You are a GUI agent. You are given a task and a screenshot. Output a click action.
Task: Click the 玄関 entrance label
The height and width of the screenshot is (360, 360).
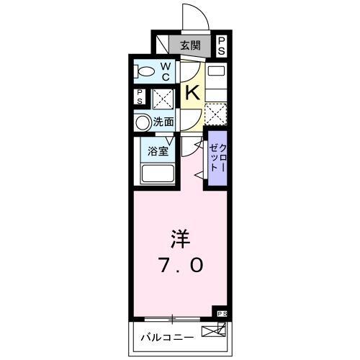click(x=189, y=45)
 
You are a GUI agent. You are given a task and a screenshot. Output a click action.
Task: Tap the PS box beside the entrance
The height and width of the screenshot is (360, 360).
click(x=221, y=45)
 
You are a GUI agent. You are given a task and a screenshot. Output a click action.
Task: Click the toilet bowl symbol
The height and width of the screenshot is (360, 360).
click(x=145, y=71)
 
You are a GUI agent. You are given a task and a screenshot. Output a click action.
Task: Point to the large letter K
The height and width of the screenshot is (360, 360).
click(x=192, y=92)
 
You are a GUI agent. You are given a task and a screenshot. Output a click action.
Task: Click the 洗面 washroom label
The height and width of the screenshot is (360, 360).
click(x=163, y=122)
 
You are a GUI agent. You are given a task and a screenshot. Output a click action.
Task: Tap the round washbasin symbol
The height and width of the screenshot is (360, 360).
click(x=143, y=122)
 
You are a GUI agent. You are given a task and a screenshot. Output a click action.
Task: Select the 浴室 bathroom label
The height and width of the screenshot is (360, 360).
click(x=158, y=151)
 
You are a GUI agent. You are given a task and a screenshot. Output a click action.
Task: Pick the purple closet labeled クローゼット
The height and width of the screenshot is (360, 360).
click(x=217, y=158)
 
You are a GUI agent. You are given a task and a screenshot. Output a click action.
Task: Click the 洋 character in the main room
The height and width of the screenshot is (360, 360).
click(x=179, y=238)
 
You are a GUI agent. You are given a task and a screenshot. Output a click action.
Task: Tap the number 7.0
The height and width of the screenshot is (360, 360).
click(x=180, y=265)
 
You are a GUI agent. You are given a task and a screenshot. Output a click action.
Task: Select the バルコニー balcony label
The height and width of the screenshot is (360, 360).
click(x=166, y=336)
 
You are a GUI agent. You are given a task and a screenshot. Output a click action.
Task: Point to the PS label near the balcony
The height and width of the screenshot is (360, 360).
click(x=221, y=314)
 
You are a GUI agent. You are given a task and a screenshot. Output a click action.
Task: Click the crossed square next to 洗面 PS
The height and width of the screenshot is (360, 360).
click(x=161, y=98)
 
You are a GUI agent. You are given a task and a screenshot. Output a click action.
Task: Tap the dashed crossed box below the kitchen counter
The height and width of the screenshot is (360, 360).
click(x=215, y=112)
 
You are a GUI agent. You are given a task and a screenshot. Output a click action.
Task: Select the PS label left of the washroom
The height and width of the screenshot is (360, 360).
click(x=140, y=97)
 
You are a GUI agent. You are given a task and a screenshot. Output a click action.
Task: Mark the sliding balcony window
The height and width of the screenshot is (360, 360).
click(x=173, y=318)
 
